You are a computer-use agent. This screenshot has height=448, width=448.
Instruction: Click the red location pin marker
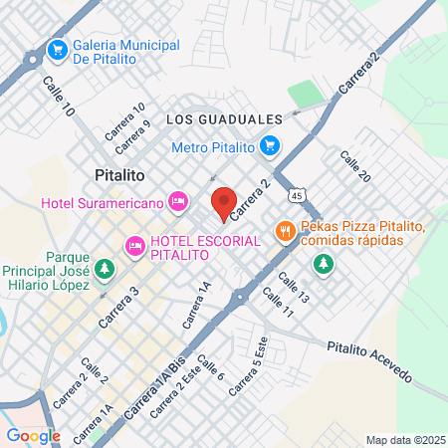pos(223,203)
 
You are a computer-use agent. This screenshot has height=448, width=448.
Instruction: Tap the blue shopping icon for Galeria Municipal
pos(57,48)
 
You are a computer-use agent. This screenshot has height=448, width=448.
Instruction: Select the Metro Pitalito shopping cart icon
pos(268,147)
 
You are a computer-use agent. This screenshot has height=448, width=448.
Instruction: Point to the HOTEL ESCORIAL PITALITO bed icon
pos(132,245)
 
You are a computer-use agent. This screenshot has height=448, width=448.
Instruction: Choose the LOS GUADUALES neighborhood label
pos(224,118)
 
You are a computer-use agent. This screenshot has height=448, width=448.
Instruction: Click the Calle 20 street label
pos(355,166)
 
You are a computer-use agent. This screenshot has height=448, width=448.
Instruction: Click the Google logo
pos(34,435)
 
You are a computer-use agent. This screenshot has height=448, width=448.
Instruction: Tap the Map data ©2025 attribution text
pos(404,439)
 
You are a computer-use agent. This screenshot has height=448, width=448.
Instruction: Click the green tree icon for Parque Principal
pos(106,269)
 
